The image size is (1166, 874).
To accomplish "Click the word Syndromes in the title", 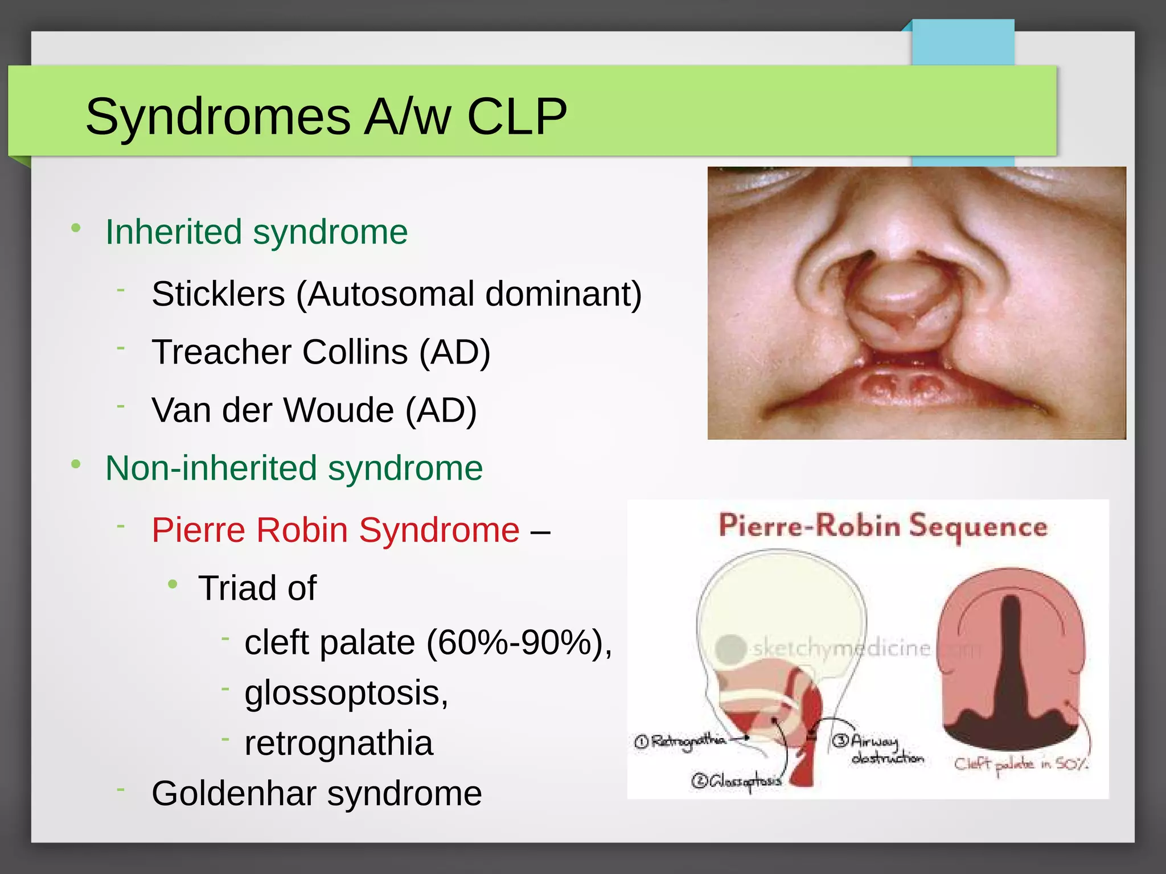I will [x=217, y=117].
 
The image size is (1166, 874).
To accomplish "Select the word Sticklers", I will [x=218, y=294].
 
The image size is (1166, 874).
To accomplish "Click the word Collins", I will [x=355, y=352].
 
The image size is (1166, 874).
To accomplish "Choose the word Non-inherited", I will [x=211, y=468].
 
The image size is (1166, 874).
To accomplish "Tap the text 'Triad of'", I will [x=257, y=588].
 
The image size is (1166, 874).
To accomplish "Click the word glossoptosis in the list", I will [x=346, y=693].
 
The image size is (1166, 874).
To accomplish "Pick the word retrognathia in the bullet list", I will [x=339, y=743].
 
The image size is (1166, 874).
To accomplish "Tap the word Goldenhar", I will [x=233, y=793].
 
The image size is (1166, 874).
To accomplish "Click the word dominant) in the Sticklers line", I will [x=563, y=294].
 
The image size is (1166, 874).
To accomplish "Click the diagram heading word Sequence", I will [x=978, y=526].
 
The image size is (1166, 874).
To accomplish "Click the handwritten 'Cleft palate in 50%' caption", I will [x=1021, y=764].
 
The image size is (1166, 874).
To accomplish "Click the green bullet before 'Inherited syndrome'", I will [x=76, y=229].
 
